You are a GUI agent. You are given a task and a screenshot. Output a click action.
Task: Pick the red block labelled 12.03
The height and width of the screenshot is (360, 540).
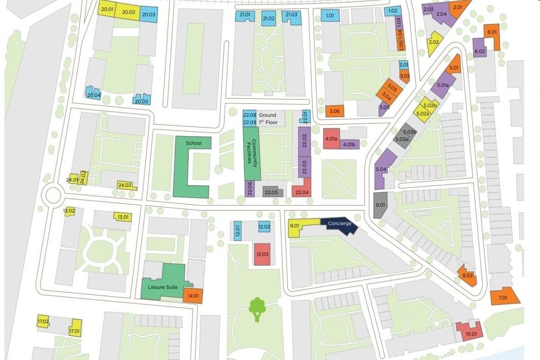point(262,254)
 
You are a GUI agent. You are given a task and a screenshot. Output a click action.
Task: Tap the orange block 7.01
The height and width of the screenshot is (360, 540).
point(504,297)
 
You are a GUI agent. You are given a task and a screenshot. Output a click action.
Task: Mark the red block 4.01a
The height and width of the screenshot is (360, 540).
point(331,139)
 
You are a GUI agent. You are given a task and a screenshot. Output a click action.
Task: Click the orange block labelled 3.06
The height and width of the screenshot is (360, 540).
point(334,111)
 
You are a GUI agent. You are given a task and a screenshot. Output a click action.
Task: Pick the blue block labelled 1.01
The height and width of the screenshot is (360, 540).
point(330,16)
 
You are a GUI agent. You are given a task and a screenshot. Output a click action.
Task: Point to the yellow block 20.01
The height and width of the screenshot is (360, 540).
point(107,10)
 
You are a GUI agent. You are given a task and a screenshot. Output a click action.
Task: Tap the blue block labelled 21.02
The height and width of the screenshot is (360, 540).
point(269,19)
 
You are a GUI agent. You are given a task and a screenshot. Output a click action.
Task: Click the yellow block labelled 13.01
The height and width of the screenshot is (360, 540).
point(122,217)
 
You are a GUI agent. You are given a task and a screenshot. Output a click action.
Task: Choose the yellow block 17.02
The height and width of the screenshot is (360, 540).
point(44,322)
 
